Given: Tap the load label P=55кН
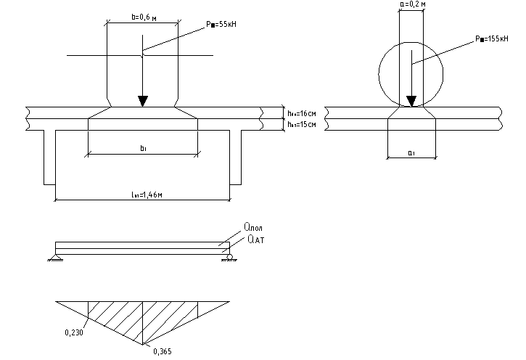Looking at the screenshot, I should [x=221, y=25].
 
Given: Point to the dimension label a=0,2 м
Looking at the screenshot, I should [x=411, y=5].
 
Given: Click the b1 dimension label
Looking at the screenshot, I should [x=143, y=147].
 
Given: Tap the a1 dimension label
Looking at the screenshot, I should [x=411, y=151].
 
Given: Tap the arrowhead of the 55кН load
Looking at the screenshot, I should [x=143, y=100].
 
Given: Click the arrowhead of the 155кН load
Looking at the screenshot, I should [x=411, y=102].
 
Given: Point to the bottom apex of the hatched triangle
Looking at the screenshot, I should [x=143, y=344].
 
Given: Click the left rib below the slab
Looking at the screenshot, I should [x=49, y=156].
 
